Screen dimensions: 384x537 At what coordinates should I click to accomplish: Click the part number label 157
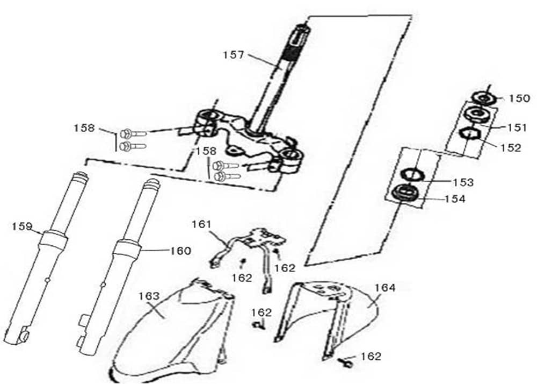pos(234,54)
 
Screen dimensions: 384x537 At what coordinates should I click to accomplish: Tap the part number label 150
pos(519,98)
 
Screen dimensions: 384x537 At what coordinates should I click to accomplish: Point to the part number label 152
pos(510,147)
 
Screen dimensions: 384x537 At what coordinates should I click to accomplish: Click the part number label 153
pos(463,182)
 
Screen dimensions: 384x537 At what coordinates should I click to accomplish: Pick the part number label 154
pos(454,198)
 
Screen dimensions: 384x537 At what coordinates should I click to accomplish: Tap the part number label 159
pos(23,226)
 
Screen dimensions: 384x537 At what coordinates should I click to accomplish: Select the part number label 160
pos(180,250)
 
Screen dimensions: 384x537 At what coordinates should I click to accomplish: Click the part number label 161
pos(201,224)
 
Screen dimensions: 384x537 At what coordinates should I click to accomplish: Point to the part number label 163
pos(149,296)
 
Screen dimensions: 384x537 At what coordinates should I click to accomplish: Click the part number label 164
pos(384,288)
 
